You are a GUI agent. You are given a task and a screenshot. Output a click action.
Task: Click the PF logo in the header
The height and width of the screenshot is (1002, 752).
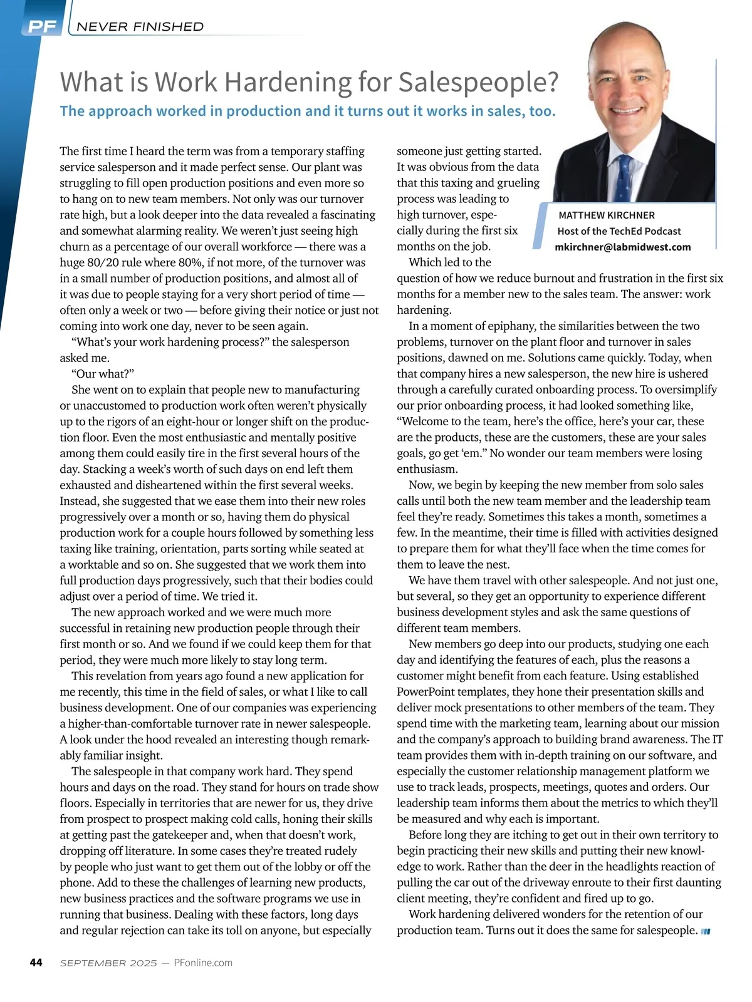(42, 26)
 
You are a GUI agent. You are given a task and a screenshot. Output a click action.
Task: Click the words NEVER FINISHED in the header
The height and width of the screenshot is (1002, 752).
(140, 26)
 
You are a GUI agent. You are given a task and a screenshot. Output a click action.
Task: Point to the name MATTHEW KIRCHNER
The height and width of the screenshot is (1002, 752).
(606, 215)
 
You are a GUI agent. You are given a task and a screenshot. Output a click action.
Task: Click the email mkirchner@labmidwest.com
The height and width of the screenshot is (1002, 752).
(622, 247)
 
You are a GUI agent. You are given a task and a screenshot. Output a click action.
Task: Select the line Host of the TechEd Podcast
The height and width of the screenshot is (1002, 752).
(619, 231)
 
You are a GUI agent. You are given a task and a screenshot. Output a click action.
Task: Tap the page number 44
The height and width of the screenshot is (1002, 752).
(36, 963)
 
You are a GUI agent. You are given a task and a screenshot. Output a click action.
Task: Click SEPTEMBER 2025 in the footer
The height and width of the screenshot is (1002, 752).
(108, 963)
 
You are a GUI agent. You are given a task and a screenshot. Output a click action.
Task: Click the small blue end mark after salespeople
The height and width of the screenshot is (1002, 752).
(705, 931)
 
